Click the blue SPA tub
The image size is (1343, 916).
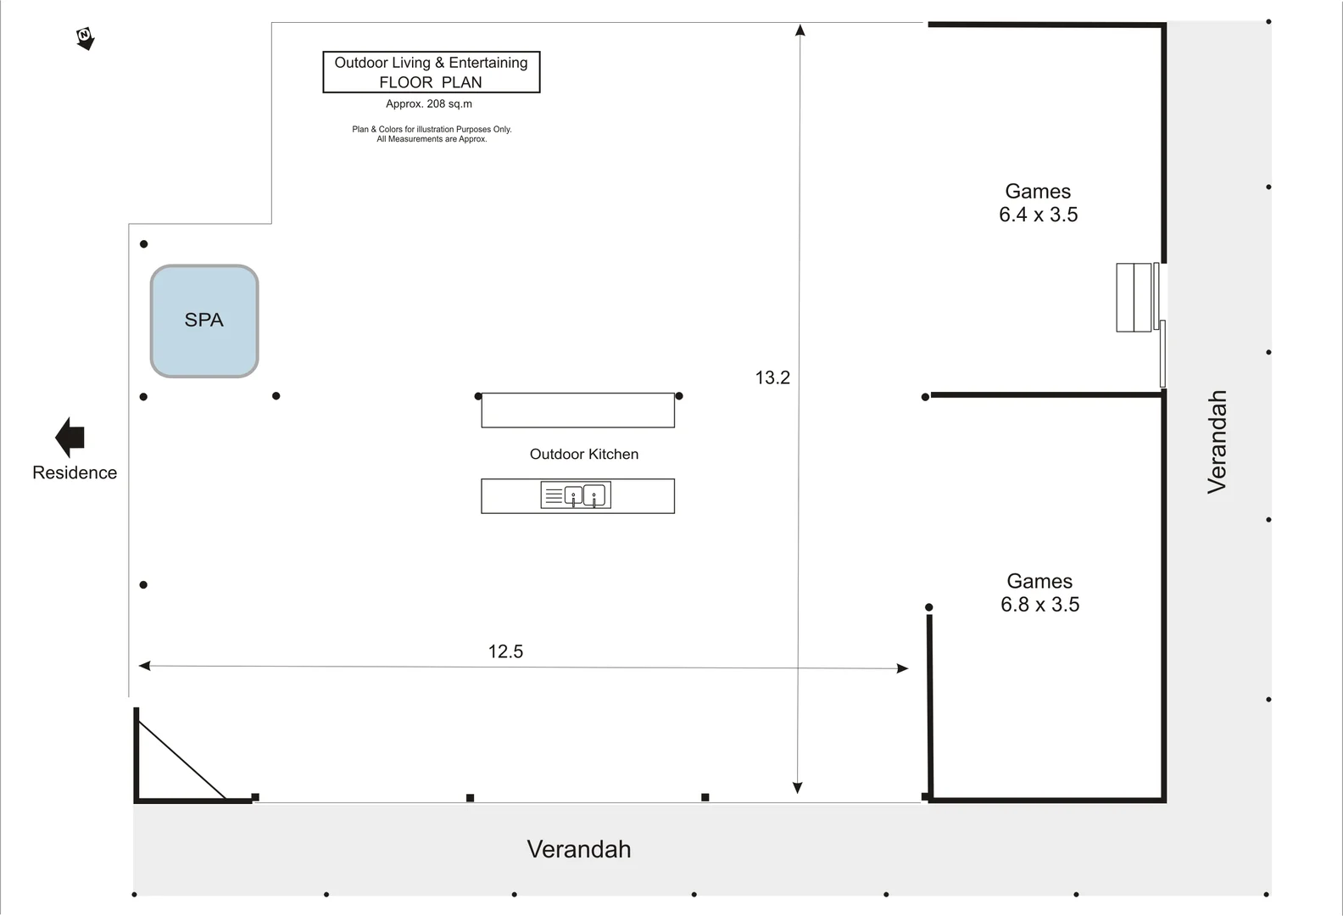coord(204,321)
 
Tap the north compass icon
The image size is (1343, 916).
coord(85,38)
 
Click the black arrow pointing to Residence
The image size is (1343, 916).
coord(70,438)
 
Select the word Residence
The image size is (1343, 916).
coord(75,472)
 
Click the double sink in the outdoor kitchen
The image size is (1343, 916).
coord(576,495)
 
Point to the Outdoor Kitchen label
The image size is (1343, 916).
coord(584,454)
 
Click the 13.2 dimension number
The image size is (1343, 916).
coord(772,377)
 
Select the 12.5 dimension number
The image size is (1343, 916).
coord(505,651)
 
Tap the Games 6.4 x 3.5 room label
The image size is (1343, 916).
coord(1039,203)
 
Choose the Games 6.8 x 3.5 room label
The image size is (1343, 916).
coord(1039,593)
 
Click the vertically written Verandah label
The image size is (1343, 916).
coord(1218,442)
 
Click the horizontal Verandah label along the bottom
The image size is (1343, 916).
coord(578,849)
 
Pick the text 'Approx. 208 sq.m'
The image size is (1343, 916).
coord(429,103)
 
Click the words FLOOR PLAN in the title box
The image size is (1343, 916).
coord(431,82)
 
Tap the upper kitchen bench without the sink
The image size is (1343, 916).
coord(578,411)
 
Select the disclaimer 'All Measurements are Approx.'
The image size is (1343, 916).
coord(432,139)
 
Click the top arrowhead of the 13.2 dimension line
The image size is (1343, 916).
coord(800,30)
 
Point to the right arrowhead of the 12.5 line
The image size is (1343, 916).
coord(902,668)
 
